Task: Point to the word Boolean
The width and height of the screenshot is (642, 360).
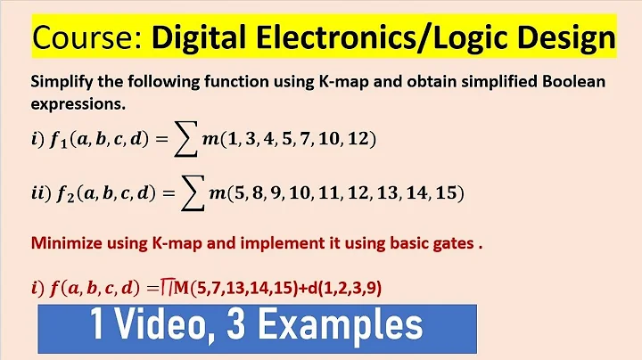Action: tap(570, 82)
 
